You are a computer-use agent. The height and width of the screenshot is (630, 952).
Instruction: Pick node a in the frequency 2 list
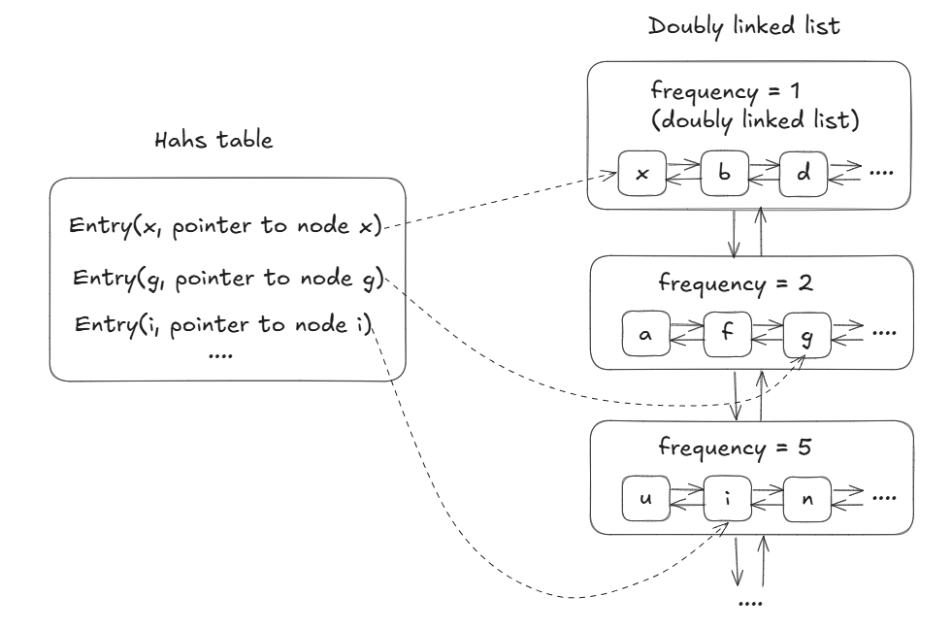coord(644,334)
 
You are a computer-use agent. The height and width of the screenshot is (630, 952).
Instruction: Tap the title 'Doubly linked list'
coord(744,25)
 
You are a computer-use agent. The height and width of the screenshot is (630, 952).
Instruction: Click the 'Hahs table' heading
coord(214,140)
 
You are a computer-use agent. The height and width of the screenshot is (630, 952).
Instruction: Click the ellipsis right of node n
coord(882,498)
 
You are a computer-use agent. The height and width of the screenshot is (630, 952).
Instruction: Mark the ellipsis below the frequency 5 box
coord(750,603)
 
